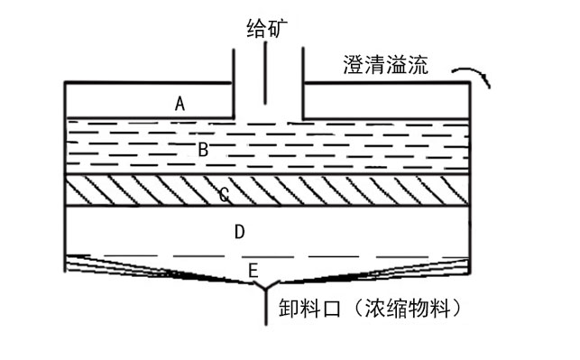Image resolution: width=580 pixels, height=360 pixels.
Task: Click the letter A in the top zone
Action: (x=180, y=104)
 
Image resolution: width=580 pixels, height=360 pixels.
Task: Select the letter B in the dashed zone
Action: (x=203, y=149)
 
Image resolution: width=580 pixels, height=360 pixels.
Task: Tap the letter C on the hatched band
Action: (x=224, y=193)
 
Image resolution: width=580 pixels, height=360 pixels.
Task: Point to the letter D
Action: (x=239, y=232)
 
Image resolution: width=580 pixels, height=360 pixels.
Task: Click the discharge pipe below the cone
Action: (x=265, y=307)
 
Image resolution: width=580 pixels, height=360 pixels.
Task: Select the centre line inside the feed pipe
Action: (x=266, y=72)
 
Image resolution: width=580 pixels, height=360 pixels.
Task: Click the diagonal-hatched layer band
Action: (x=361, y=192)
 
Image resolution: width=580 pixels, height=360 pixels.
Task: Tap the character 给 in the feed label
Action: (x=255, y=27)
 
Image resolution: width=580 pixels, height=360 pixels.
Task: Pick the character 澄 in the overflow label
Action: (x=354, y=64)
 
